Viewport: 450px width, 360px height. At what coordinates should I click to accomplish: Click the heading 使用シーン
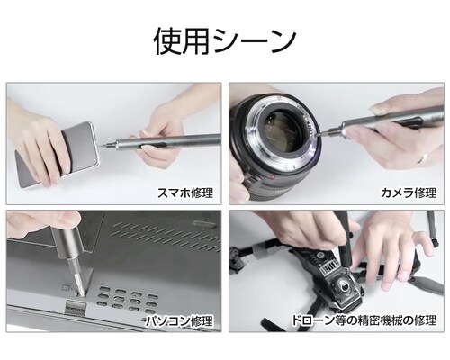tap(224, 40)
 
